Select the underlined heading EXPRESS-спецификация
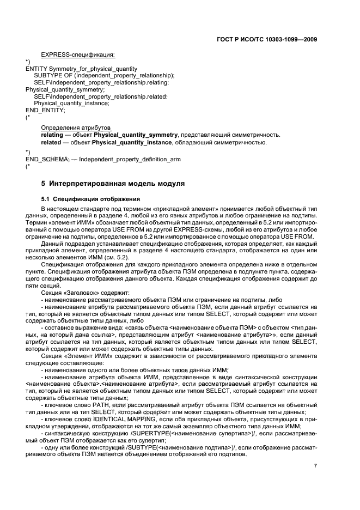pyautogui.click(x=78, y=54)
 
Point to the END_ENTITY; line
pyautogui.click(x=45, y=110)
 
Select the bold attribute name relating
pyautogui.click(x=52, y=134)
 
